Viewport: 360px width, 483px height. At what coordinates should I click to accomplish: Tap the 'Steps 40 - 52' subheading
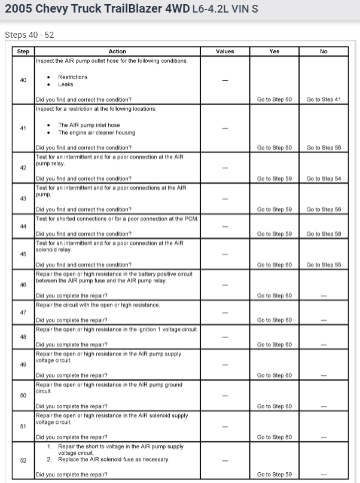pos(29,35)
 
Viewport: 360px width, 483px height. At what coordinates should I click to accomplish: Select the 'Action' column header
pos(117,51)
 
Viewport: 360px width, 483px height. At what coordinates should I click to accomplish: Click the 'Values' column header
pos(225,51)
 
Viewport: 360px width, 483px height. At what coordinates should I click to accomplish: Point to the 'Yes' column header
pos(274,51)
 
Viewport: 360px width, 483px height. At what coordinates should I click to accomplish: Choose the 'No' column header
pos(324,51)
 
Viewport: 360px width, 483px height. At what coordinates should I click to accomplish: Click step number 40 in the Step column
pos(23,80)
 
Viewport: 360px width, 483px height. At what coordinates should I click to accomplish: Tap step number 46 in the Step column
pos(23,285)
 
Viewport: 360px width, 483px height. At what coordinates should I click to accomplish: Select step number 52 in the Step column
pos(23,460)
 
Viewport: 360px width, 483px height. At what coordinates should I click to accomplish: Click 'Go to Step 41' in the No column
pos(324,99)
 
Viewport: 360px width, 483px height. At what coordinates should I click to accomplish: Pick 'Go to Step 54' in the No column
pos(324,178)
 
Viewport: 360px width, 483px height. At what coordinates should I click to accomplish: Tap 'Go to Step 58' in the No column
pos(324,233)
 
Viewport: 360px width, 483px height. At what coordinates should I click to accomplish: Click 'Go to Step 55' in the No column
pos(324,265)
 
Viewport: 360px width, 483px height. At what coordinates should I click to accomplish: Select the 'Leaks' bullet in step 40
pos(65,85)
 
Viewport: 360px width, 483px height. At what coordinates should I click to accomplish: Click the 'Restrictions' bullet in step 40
pos(72,77)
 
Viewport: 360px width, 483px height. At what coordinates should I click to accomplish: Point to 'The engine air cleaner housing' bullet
pos(96,133)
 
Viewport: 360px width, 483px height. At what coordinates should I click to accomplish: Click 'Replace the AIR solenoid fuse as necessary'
pos(113,460)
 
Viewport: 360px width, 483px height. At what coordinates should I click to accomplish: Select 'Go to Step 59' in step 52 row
pos(274,475)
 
